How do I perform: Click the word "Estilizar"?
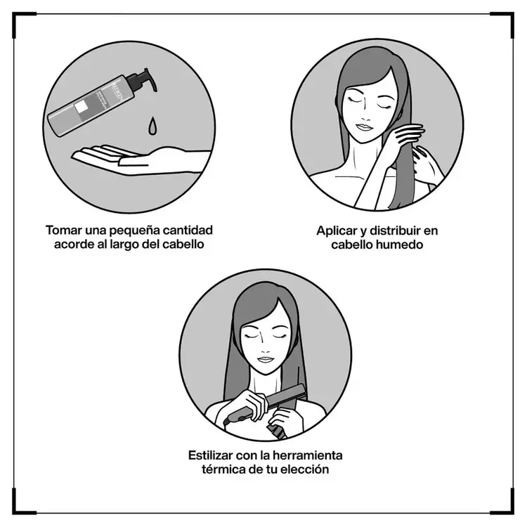click(214, 455)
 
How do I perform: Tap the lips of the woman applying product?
click(365, 128)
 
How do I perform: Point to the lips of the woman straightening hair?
click(263, 360)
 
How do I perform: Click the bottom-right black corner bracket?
click(506, 506)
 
